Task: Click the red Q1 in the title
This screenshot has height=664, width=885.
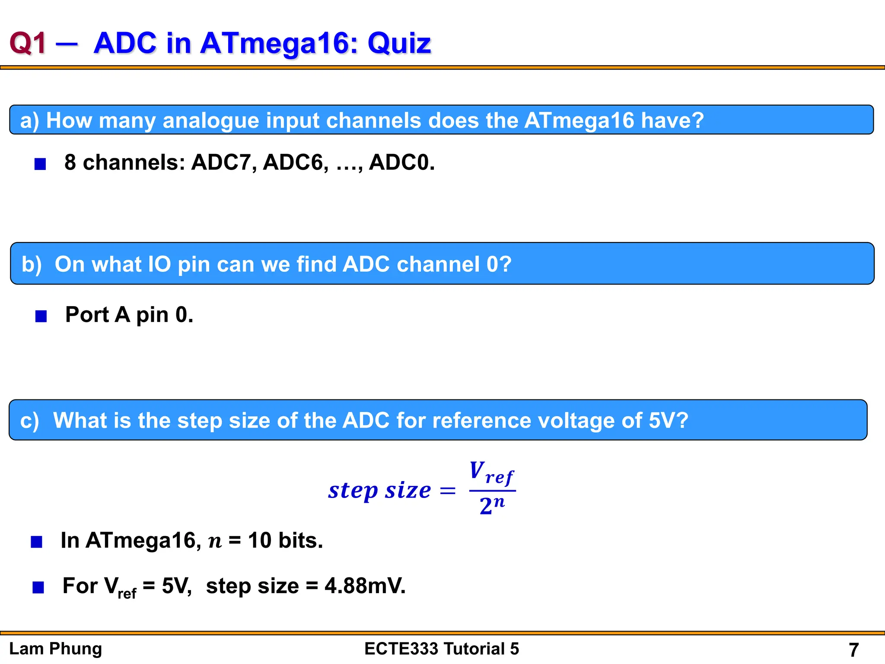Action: pos(28,43)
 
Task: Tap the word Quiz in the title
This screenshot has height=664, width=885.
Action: pos(399,43)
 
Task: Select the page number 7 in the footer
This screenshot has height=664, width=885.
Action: pos(853,650)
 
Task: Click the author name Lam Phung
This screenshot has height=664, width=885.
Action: pos(56,649)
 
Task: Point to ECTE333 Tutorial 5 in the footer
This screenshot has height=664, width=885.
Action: pos(442,649)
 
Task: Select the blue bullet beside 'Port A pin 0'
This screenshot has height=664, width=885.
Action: pos(41,316)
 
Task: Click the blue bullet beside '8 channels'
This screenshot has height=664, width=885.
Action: pos(40,164)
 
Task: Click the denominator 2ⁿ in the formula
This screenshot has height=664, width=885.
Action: pos(492,505)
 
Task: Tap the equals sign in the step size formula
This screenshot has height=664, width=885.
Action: pos(447,491)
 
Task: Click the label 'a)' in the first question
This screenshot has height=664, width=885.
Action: pos(30,120)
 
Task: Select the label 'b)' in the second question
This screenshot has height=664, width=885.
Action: pos(32,264)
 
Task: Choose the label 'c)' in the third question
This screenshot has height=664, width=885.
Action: pos(29,421)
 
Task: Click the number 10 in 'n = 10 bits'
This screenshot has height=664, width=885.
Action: pos(260,540)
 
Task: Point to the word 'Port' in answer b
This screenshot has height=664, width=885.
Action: pos(87,315)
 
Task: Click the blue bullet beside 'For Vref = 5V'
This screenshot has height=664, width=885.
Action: pos(38,587)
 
